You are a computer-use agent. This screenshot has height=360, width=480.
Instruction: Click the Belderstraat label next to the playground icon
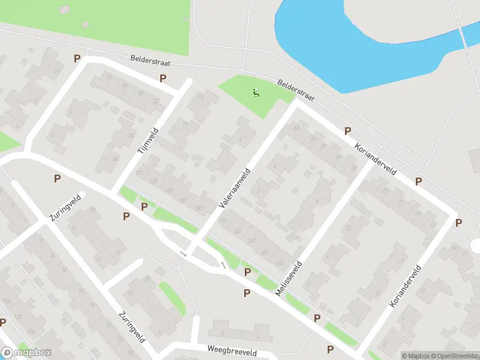point(296,91)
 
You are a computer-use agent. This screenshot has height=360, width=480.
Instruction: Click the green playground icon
point(256,93)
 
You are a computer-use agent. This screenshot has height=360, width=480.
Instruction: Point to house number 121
point(139,173)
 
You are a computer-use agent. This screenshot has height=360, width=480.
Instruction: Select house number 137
point(199,208)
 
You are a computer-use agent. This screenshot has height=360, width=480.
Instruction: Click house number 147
point(251,241)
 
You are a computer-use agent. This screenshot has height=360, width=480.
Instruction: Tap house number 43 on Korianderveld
point(296,126)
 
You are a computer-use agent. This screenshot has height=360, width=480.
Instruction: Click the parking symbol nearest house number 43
point(347,131)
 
